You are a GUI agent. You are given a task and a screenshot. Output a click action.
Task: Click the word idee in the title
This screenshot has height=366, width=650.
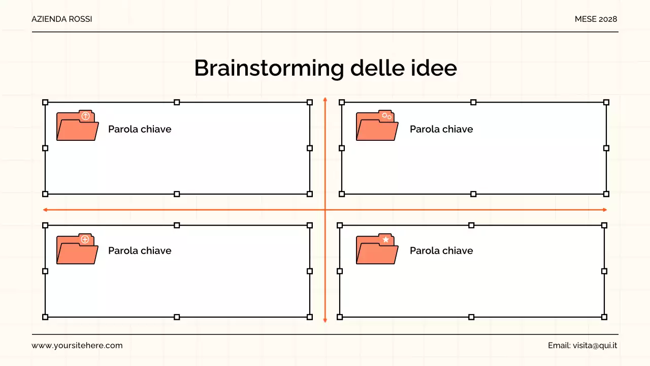435,68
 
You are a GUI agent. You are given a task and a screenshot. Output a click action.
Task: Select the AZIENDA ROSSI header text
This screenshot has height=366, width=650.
62,19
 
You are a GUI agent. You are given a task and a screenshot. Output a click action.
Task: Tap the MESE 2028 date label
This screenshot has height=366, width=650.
596,19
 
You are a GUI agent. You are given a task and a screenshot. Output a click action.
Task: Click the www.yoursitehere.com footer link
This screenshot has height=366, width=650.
77,346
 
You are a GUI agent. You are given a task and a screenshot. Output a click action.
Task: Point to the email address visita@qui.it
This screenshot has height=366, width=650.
595,346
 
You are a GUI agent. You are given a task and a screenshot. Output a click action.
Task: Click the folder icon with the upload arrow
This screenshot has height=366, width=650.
77,126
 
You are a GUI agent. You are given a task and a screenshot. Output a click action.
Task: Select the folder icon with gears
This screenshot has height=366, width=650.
377,126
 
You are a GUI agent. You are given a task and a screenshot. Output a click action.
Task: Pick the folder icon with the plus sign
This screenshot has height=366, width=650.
77,249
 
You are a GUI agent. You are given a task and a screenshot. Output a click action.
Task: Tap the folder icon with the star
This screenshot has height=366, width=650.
377,249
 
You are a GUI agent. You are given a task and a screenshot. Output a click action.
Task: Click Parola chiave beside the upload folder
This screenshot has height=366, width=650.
140,129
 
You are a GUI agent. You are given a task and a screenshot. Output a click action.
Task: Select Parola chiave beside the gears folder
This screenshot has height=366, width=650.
441,129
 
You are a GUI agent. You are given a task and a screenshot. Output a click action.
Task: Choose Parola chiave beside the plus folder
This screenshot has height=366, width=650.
140,251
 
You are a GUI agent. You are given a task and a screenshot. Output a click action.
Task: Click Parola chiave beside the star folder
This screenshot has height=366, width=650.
441,251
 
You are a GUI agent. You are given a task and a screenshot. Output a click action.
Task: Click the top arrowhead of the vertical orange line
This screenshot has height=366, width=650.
325,99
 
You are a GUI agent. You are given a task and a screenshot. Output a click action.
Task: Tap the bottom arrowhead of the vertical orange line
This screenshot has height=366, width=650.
325,320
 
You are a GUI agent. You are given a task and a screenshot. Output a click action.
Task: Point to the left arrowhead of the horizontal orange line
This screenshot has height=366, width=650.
45,209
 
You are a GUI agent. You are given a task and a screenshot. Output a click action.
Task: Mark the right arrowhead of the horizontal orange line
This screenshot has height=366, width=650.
604,209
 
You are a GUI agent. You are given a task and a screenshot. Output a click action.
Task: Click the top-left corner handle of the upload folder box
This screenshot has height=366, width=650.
45,102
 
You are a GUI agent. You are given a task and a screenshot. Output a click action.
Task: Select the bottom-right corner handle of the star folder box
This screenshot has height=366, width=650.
604,317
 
